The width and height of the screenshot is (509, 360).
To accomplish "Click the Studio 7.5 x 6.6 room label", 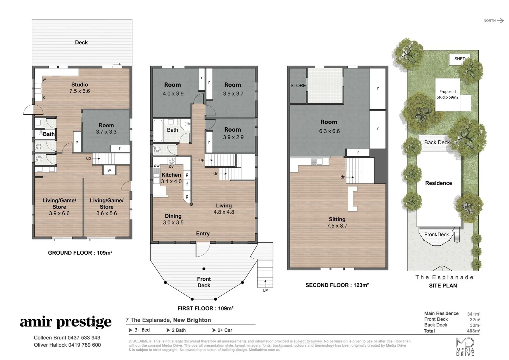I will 80,88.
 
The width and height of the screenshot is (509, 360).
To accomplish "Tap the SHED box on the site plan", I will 460,59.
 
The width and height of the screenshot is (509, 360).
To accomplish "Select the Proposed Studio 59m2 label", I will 447,94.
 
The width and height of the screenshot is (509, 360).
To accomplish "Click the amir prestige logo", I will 66,322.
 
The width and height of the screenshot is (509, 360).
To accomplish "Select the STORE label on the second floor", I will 298,86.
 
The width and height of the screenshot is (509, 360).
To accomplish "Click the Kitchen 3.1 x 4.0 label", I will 171,178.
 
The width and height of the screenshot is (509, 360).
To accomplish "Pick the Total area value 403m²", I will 473,331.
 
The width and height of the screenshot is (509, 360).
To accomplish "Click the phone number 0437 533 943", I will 84,338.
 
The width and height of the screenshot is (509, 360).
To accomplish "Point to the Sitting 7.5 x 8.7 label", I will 337,222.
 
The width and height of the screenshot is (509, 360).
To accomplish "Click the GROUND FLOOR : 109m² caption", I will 80,253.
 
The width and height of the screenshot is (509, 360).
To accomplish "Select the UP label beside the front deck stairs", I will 265,290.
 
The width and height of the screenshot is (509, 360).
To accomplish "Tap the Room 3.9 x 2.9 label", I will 233,133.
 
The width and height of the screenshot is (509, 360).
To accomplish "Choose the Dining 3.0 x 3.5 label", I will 173,219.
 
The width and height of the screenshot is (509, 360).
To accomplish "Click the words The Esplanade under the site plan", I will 444,277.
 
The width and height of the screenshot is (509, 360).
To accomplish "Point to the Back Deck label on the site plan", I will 437,142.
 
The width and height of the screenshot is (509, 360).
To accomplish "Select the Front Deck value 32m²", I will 475,320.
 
